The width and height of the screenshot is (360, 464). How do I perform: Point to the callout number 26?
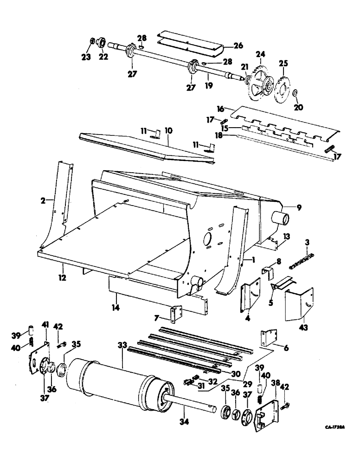238,45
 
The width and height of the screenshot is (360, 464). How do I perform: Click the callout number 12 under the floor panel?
62,278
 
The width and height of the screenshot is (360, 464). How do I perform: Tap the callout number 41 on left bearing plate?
45,323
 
